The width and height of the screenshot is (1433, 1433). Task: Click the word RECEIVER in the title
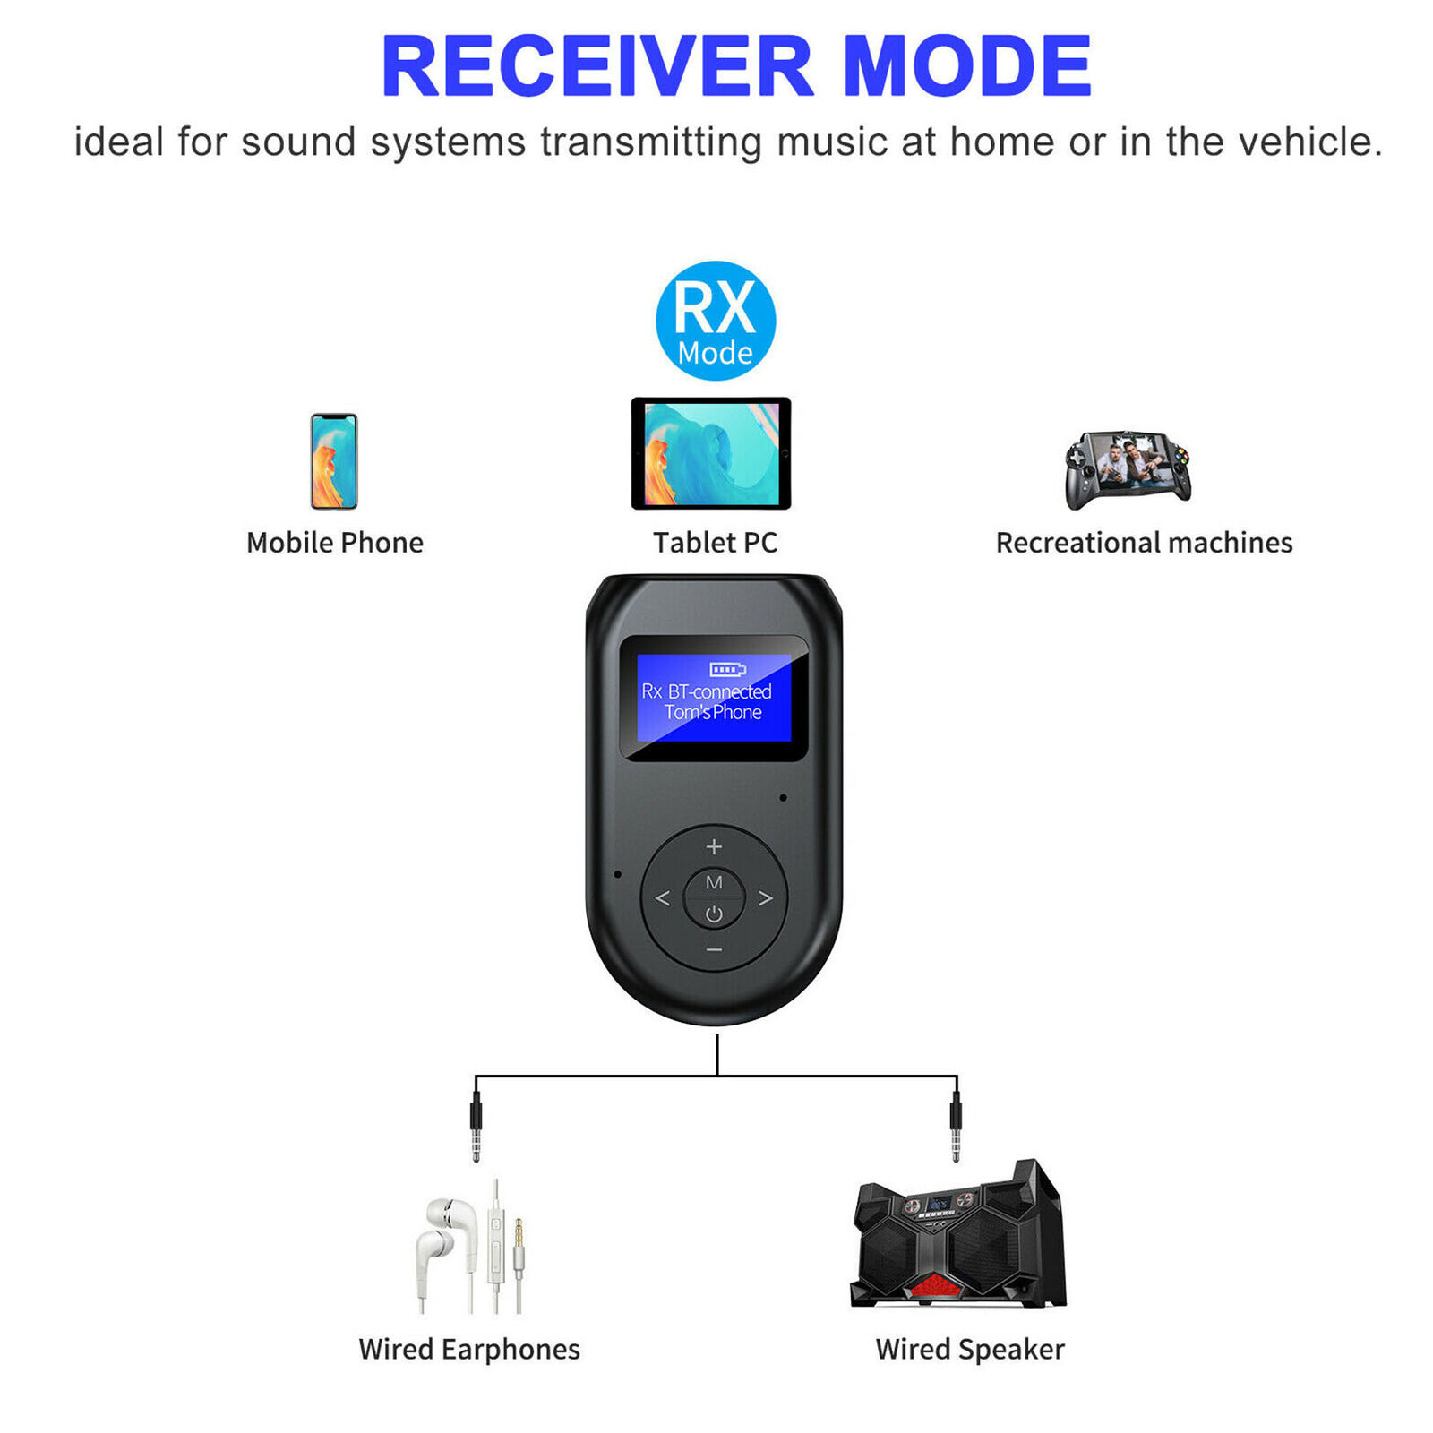coord(597,66)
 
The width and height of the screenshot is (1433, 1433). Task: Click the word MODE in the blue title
coord(967,66)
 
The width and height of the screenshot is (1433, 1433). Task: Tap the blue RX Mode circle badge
coord(716,321)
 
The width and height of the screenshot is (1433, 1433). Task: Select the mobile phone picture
coord(334,461)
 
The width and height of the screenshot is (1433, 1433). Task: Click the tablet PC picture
coord(711,453)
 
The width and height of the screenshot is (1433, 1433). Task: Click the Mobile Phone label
coord(335,543)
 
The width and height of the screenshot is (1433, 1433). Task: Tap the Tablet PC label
coord(715,543)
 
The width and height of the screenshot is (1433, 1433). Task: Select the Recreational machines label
coord(1145,543)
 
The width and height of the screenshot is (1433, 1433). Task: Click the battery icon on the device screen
coord(727,669)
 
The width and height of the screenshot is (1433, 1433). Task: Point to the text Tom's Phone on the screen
coord(713,712)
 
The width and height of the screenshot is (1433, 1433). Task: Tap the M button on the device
coord(714,882)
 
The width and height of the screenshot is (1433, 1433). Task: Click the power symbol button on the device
coord(714,914)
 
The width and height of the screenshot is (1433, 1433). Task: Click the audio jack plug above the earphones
coord(476,1126)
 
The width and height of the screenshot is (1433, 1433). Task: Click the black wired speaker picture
coord(958,1234)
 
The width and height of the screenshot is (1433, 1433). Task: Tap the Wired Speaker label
coord(970,1349)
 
